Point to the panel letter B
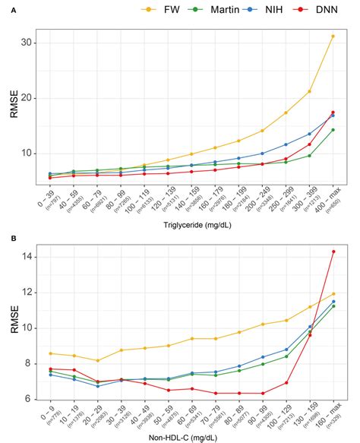click(x=5, y=238)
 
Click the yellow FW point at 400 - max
click(x=333, y=36)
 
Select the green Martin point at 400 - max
click(x=333, y=130)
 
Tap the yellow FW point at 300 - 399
click(x=309, y=92)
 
